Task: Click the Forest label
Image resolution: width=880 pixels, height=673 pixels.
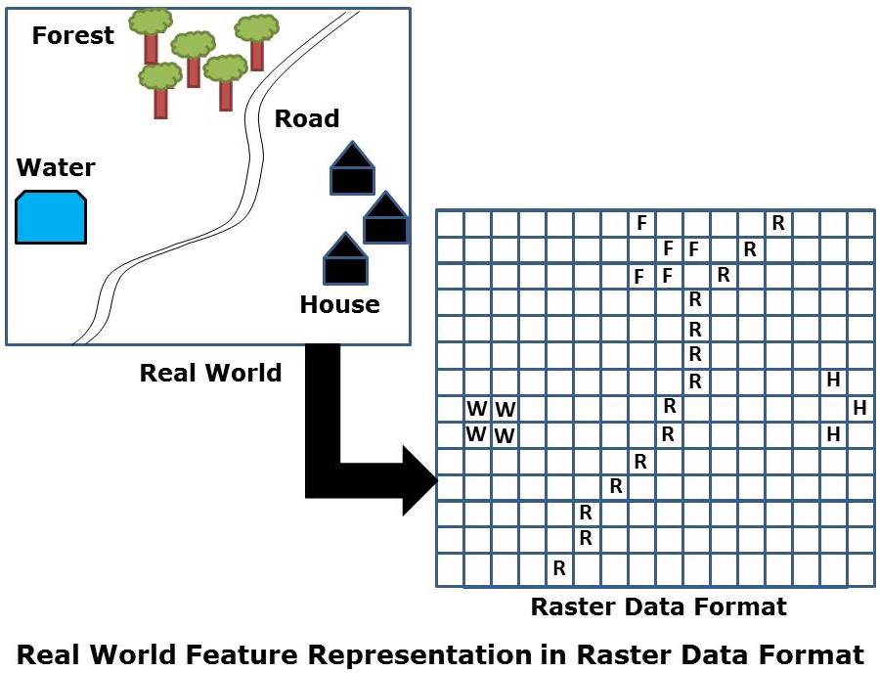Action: point(72,36)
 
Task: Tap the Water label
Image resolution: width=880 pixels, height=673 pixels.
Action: point(56,167)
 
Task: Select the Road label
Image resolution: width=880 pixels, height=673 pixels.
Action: point(306,119)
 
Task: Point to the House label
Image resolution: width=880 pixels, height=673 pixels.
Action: point(339,304)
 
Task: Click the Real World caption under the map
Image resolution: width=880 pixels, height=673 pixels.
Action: point(210,373)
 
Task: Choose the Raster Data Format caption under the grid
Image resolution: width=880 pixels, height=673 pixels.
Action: point(658,606)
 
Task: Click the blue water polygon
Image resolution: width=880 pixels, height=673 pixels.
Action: point(51,217)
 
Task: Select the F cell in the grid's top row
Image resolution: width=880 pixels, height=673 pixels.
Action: point(641,223)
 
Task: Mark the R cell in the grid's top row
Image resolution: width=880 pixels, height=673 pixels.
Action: point(778,223)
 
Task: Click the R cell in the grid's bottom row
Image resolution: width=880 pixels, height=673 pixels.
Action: point(559,567)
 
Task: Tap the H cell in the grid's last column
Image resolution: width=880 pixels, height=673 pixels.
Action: point(859,407)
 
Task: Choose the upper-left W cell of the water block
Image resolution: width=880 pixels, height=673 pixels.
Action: point(476,407)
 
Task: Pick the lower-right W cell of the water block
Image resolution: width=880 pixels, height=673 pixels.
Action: point(505,434)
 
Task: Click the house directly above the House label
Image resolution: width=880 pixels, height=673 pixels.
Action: point(345,259)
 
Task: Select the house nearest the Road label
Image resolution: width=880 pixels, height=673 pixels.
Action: point(352,168)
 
